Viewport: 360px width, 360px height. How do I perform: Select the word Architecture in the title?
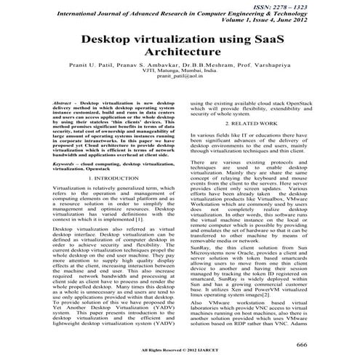(x=180, y=55)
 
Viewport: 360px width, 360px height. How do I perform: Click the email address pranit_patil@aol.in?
(x=180, y=86)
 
